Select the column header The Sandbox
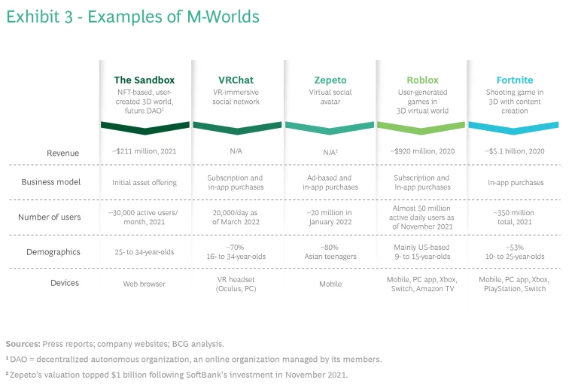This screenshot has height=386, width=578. (144, 80)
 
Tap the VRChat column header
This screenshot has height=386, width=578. (236, 80)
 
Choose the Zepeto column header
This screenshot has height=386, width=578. (330, 80)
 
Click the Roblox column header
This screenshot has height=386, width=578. (422, 80)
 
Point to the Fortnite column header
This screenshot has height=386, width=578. (515, 80)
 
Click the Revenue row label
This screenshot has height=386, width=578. (63, 153)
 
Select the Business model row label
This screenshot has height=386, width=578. (51, 182)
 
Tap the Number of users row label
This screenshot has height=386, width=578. (50, 217)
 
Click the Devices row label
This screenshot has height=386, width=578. (64, 283)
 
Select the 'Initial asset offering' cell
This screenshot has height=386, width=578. (144, 182)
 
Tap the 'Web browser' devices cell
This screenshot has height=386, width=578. (144, 284)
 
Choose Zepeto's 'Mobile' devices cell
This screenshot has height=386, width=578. (330, 284)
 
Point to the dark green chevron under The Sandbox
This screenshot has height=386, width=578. (144, 127)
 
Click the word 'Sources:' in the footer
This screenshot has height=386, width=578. (23, 343)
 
